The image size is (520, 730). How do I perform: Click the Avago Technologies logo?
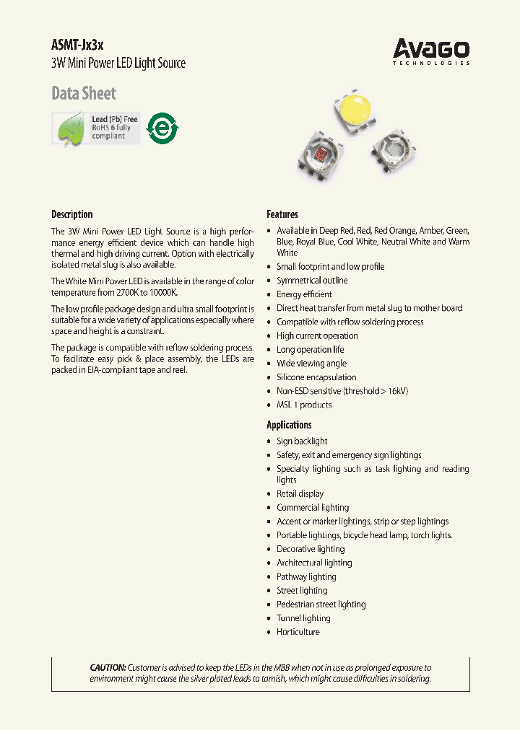(431, 52)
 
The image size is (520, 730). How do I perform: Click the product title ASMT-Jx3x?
(72, 45)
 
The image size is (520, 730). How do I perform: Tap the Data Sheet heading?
(84, 94)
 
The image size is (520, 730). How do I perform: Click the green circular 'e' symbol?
(162, 129)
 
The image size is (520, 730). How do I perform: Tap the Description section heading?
(72, 214)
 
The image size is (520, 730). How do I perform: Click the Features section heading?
(282, 214)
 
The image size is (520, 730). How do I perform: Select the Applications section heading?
(289, 425)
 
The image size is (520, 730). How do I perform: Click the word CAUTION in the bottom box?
(108, 668)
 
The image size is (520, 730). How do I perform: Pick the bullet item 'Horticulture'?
(298, 632)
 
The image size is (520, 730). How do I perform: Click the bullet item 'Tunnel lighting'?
(303, 618)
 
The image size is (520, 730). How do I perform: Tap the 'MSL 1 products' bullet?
(304, 405)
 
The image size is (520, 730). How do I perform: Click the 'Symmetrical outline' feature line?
(312, 281)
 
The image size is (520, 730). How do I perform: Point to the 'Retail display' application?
(300, 494)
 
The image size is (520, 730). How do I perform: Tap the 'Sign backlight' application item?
(302, 441)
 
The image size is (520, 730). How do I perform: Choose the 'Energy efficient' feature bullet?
(304, 294)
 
